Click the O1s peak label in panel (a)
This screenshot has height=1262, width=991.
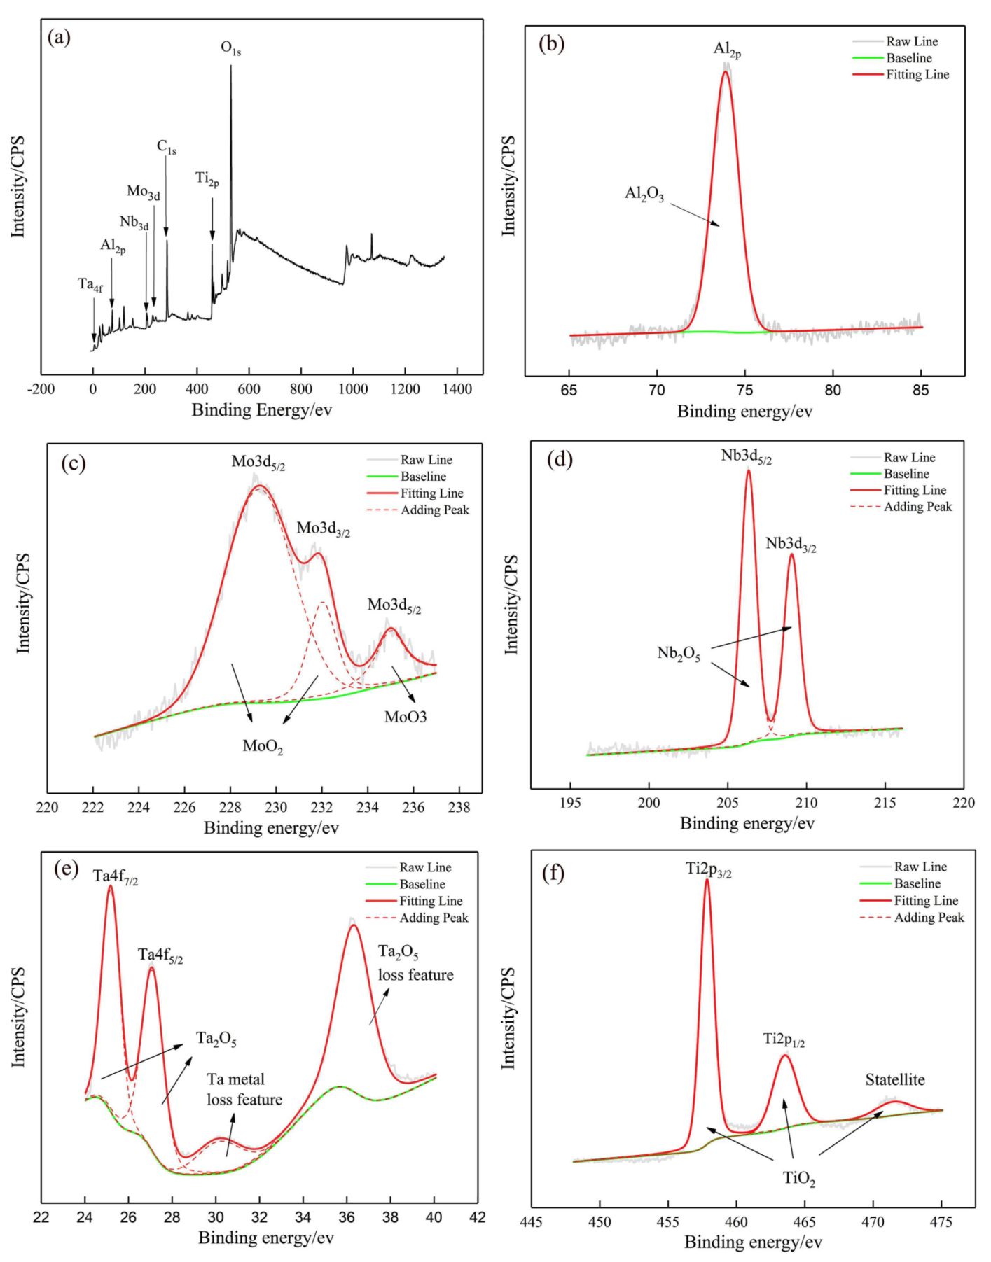[231, 48]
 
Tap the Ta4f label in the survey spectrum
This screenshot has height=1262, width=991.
[90, 284]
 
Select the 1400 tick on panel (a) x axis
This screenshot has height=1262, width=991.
[457, 389]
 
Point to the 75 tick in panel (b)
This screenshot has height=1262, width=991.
[745, 391]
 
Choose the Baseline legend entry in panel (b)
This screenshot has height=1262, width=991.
[908, 58]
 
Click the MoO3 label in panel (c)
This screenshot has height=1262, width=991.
[406, 717]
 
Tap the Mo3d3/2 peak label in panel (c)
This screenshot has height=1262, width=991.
[324, 529]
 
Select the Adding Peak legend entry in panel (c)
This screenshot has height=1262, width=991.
[434, 510]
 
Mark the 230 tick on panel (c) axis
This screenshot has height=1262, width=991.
[276, 807]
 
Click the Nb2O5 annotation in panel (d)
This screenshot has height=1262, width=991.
[679, 654]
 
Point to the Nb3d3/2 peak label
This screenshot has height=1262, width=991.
[791, 545]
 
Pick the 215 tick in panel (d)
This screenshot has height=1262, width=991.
[885, 803]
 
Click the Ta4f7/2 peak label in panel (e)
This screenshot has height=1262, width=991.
[116, 877]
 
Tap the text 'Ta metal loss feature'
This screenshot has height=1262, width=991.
[244, 1089]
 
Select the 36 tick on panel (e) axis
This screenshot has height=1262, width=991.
[347, 1217]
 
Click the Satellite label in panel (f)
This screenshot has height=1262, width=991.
[895, 1080]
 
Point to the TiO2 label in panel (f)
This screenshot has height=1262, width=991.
[799, 1179]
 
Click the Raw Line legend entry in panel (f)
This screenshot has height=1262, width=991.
[920, 867]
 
